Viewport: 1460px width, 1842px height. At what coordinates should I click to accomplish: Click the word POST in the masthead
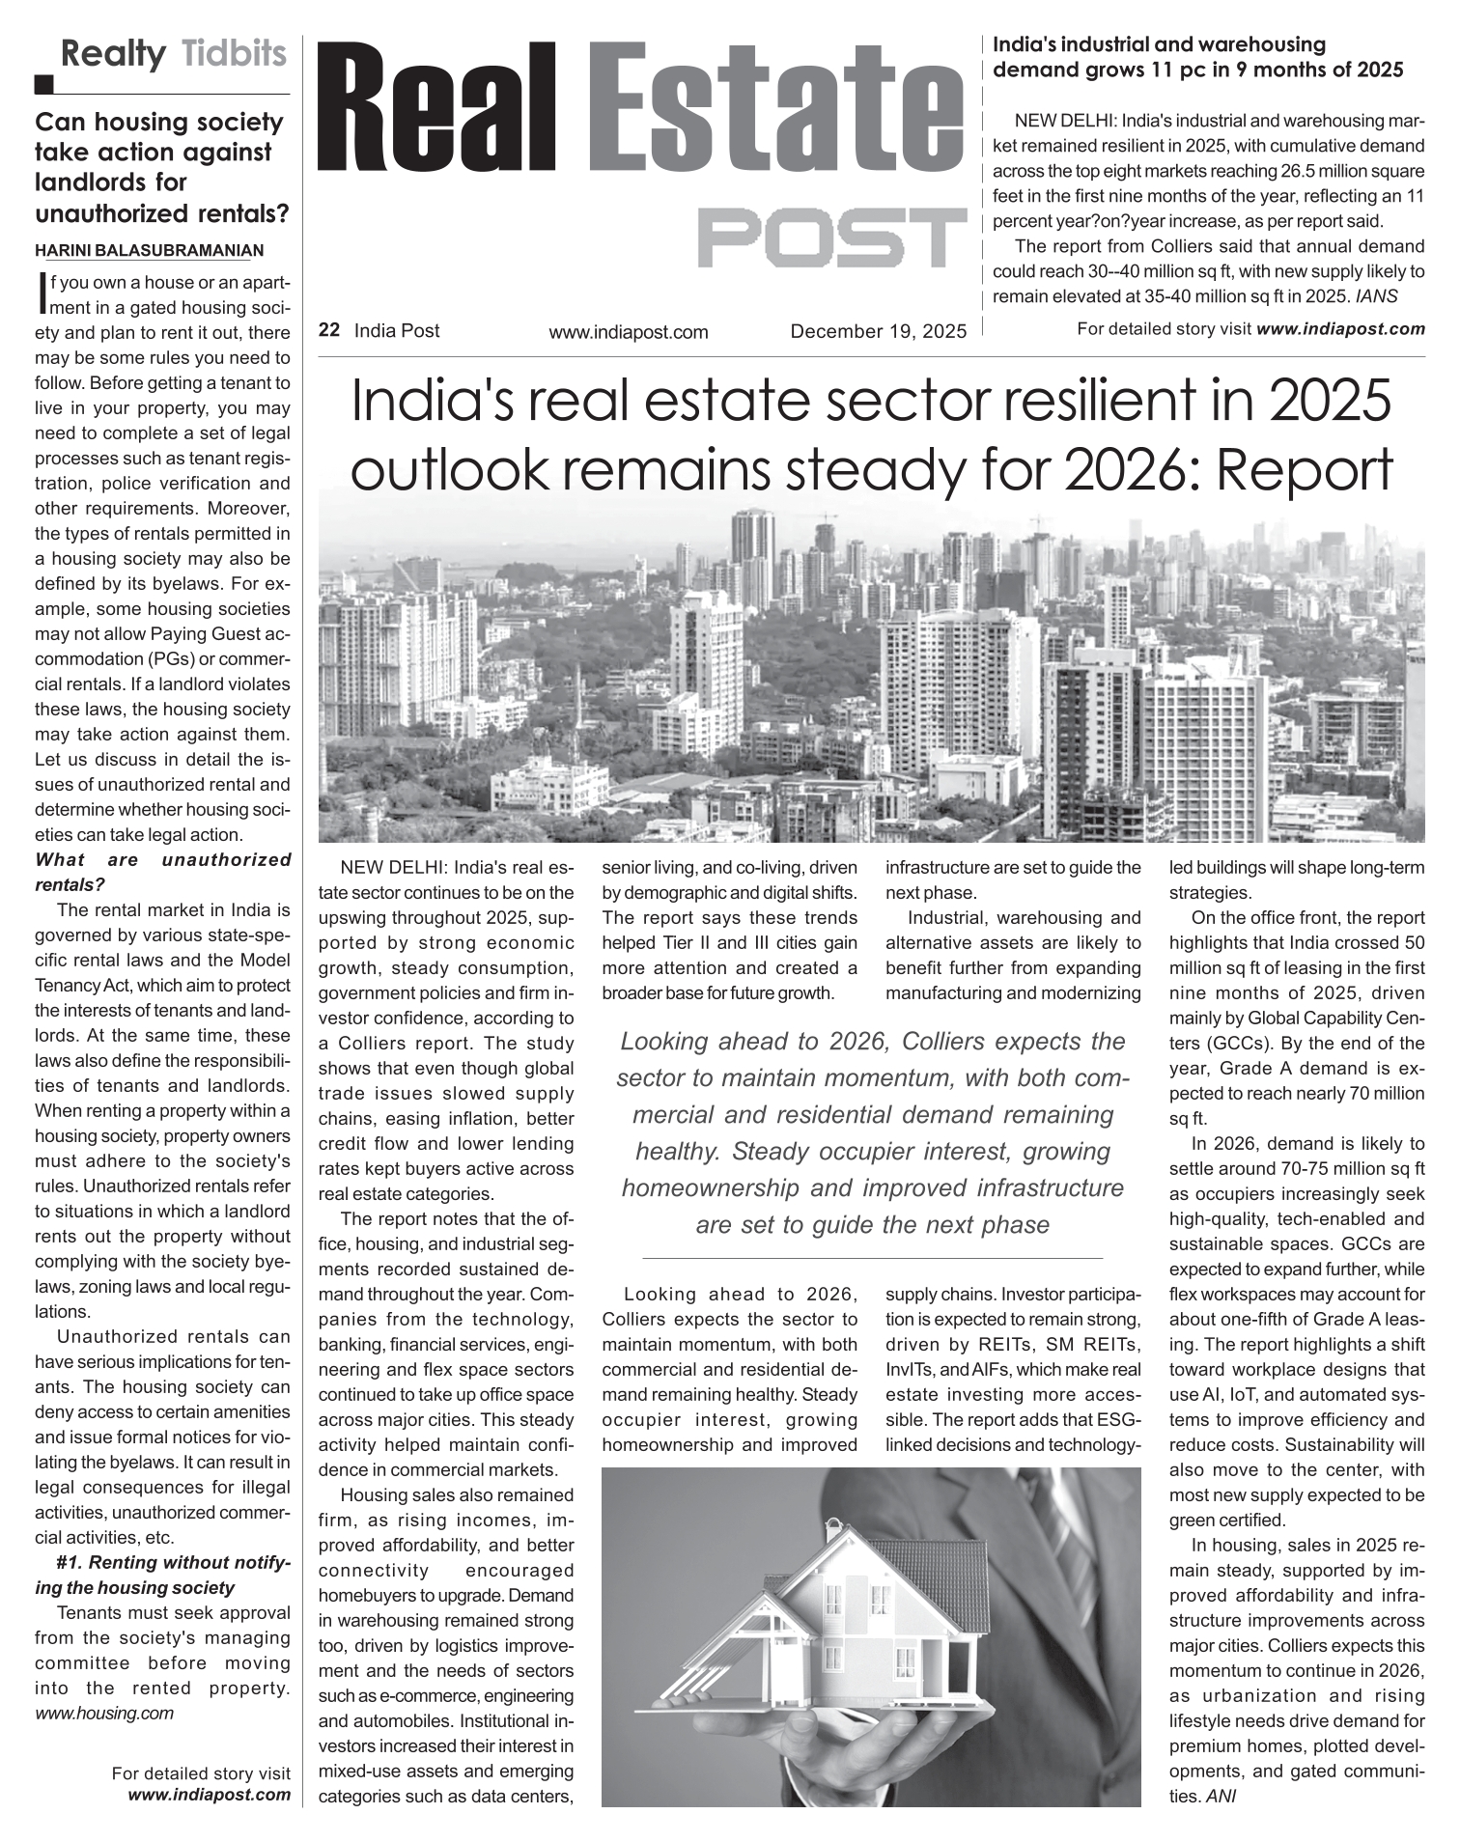click(832, 237)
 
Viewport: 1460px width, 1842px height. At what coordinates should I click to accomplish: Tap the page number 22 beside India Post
click(329, 330)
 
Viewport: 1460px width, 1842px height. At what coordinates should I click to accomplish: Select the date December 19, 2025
click(878, 332)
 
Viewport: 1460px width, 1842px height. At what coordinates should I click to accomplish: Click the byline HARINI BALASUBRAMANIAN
click(149, 251)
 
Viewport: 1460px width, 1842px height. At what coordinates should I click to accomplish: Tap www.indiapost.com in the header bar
click(628, 332)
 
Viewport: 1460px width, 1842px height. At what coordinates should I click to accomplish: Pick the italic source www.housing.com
click(104, 1713)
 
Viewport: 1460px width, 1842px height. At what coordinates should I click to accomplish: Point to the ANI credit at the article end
click(1221, 1797)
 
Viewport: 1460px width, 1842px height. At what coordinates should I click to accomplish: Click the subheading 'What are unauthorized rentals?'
click(162, 872)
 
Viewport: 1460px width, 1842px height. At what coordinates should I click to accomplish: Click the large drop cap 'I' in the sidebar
click(40, 293)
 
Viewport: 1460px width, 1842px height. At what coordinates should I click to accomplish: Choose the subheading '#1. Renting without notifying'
click(162, 1575)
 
